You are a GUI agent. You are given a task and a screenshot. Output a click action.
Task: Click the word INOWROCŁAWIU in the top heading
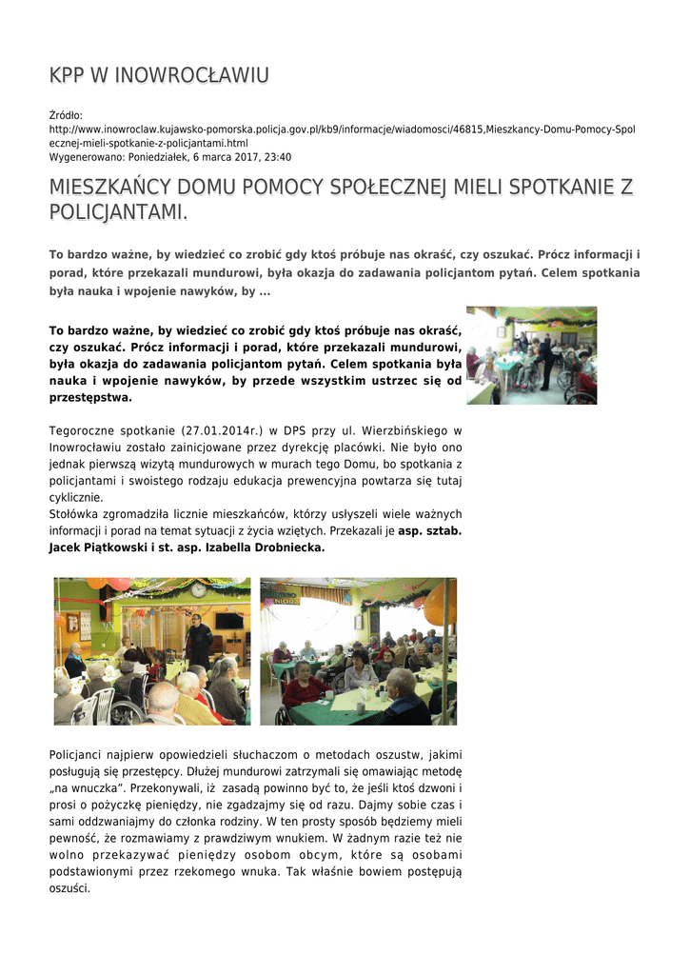tap(191, 75)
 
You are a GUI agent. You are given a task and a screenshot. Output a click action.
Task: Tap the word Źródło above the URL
tap(66, 115)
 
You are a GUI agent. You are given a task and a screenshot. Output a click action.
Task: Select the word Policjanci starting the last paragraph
tap(79, 754)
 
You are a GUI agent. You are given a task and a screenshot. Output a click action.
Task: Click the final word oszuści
tap(69, 888)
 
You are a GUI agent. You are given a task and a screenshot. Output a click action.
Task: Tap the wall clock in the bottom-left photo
tap(198, 589)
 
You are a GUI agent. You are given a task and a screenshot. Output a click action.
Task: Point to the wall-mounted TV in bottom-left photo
tap(228, 621)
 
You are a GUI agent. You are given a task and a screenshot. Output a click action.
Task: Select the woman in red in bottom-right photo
tap(304, 686)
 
